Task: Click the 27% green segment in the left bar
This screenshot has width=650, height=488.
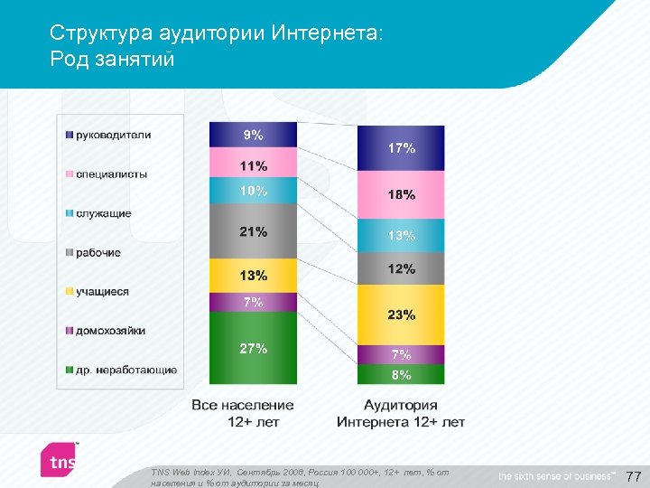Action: click(253, 348)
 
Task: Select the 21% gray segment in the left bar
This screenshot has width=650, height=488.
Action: click(253, 231)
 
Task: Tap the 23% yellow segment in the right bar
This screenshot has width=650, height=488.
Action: click(401, 314)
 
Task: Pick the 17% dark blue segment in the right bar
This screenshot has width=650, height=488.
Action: click(401, 148)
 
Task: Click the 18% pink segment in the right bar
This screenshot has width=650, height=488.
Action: click(401, 194)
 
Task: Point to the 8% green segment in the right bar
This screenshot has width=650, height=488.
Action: click(401, 374)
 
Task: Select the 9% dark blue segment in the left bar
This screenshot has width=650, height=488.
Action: click(253, 135)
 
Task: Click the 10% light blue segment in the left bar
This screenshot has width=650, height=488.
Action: click(253, 191)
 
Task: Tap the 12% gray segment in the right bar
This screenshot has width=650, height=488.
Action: click(401, 268)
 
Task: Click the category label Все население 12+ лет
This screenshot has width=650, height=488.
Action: click(243, 413)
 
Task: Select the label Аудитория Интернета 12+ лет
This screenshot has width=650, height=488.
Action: click(401, 413)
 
